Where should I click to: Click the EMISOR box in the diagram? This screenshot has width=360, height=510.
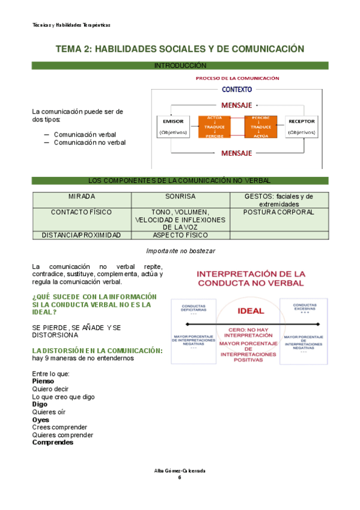tap(172, 126)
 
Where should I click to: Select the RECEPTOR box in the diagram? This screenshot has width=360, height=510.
tap(301, 126)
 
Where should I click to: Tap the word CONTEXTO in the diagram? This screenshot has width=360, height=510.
tap(237, 90)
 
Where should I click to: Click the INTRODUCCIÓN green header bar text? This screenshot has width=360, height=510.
tap(180, 65)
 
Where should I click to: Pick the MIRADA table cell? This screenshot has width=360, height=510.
tap(82, 197)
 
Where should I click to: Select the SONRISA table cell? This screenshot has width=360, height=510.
tap(180, 197)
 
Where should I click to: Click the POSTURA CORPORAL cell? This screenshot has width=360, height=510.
tap(279, 212)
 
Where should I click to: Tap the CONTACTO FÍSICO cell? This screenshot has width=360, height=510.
tap(82, 212)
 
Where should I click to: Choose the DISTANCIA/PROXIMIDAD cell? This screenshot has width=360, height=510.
tap(82, 235)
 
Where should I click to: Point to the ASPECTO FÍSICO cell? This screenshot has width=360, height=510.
tap(180, 235)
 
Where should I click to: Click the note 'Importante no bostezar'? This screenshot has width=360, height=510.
tap(181, 250)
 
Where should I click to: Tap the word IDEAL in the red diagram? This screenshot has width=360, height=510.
tap(251, 311)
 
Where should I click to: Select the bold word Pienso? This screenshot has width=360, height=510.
tap(43, 381)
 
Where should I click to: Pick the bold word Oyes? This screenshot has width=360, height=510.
tap(40, 420)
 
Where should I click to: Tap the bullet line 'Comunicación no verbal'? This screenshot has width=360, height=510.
tap(90, 143)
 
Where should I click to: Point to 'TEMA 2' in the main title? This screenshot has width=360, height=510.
tap(73, 49)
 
